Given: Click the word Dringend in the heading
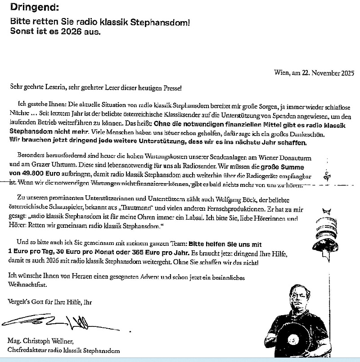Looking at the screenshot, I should click(x=29, y=8).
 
